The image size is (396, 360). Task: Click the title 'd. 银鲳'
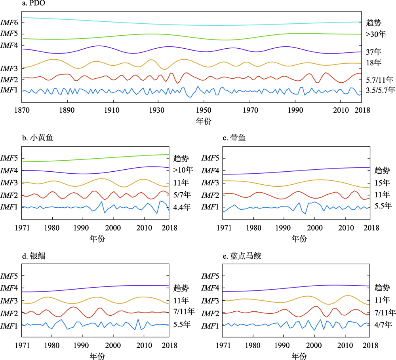click(33, 256)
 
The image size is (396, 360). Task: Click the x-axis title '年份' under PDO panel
click(204, 121)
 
